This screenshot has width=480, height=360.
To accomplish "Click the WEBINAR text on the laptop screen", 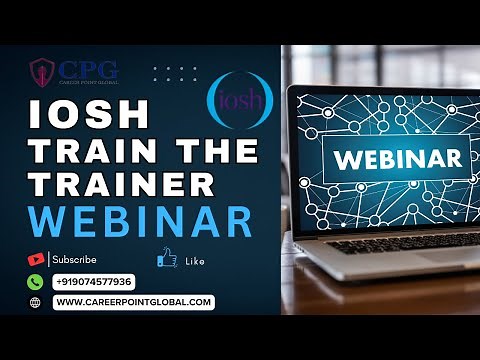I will point(397,158).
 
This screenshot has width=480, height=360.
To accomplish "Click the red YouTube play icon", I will point(36,259).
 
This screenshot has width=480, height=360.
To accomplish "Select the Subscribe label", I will point(74,259).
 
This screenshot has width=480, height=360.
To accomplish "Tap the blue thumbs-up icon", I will point(167,259).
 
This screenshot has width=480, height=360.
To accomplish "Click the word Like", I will point(195,261).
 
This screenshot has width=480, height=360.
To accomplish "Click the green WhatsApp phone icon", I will point(36,281).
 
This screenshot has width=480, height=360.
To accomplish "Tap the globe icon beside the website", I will point(36,302).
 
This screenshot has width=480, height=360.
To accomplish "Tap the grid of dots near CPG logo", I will point(175,74).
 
